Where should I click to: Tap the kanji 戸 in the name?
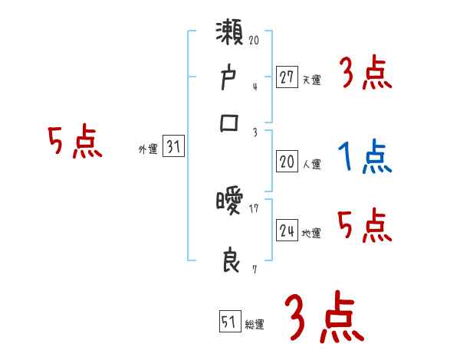click(229, 80)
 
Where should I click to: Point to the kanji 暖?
click(229, 202)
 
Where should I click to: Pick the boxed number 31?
click(173, 148)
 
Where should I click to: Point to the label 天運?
click(311, 80)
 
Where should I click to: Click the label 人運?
click(311, 164)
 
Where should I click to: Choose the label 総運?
click(255, 325)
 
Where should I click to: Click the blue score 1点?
click(364, 157)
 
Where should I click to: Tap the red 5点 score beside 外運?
click(74, 143)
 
